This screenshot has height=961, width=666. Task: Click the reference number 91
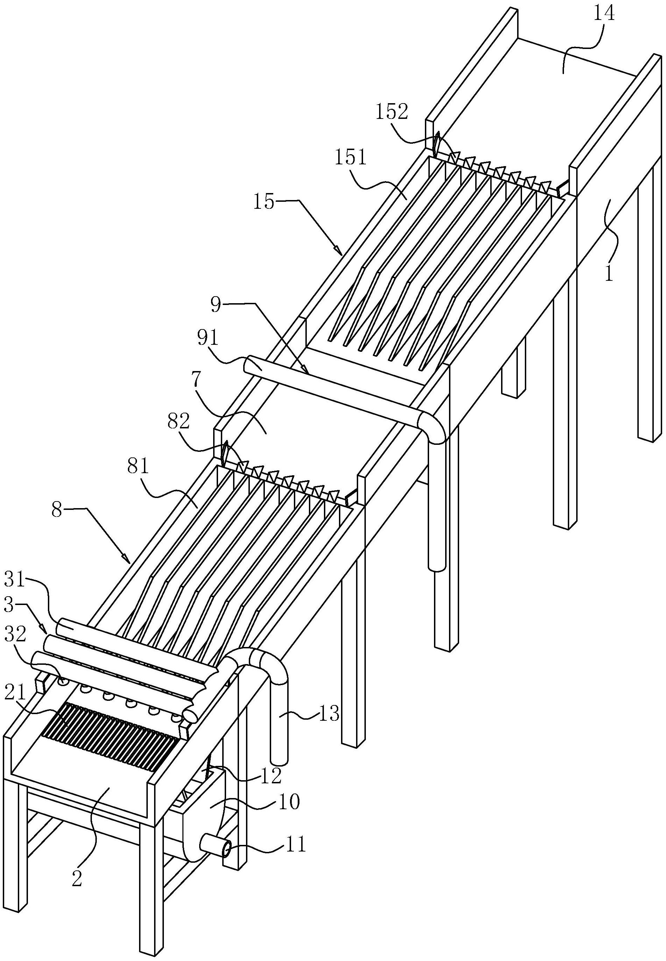coord(208,339)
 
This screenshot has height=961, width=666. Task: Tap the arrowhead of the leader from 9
coord(307,371)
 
